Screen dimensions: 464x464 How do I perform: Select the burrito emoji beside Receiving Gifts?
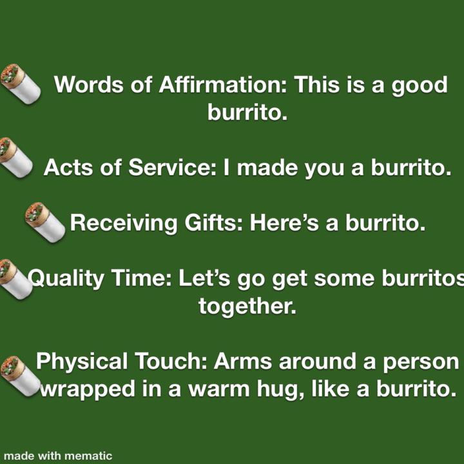(44, 222)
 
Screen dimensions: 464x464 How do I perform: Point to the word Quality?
(67, 280)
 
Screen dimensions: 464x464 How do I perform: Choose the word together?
(247, 305)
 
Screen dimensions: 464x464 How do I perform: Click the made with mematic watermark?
(58, 456)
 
